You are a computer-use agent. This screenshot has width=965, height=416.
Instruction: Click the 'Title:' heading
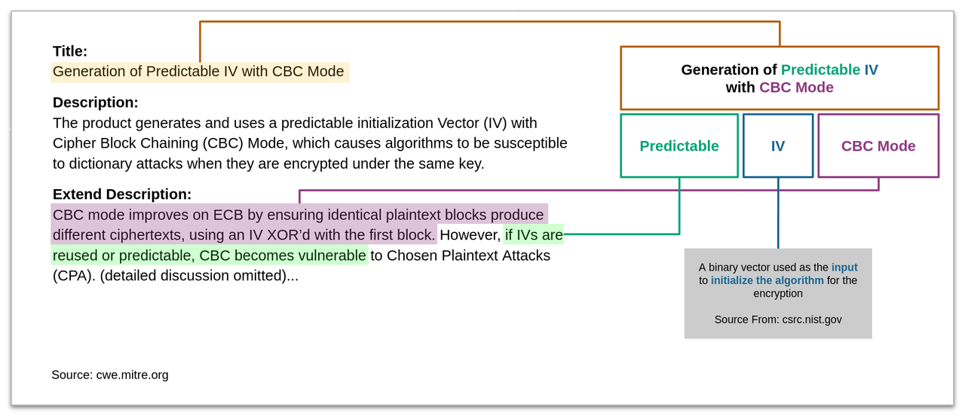coord(70,51)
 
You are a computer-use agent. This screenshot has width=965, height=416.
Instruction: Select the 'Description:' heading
coord(95,102)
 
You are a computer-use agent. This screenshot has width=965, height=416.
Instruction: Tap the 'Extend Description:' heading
coord(122,194)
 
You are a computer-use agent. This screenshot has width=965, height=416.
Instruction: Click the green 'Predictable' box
coord(679,146)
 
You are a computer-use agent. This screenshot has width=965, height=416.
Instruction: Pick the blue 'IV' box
coord(778,146)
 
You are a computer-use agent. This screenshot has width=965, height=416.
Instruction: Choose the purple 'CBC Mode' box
coord(878,146)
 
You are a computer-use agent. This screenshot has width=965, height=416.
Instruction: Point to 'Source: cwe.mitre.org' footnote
coord(110,375)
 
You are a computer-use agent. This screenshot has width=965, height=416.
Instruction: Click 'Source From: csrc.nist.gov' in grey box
coord(778,320)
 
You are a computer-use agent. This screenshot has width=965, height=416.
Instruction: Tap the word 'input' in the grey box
coord(844,268)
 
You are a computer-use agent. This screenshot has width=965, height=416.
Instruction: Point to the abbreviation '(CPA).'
coord(74,276)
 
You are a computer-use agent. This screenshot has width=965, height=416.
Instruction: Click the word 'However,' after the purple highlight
coord(470,235)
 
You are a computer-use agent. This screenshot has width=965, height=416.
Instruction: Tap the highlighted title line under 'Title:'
coord(198,72)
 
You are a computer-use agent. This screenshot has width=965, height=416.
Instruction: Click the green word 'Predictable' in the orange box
coord(820,70)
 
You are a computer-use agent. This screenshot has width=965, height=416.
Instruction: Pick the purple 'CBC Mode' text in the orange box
coord(796,87)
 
